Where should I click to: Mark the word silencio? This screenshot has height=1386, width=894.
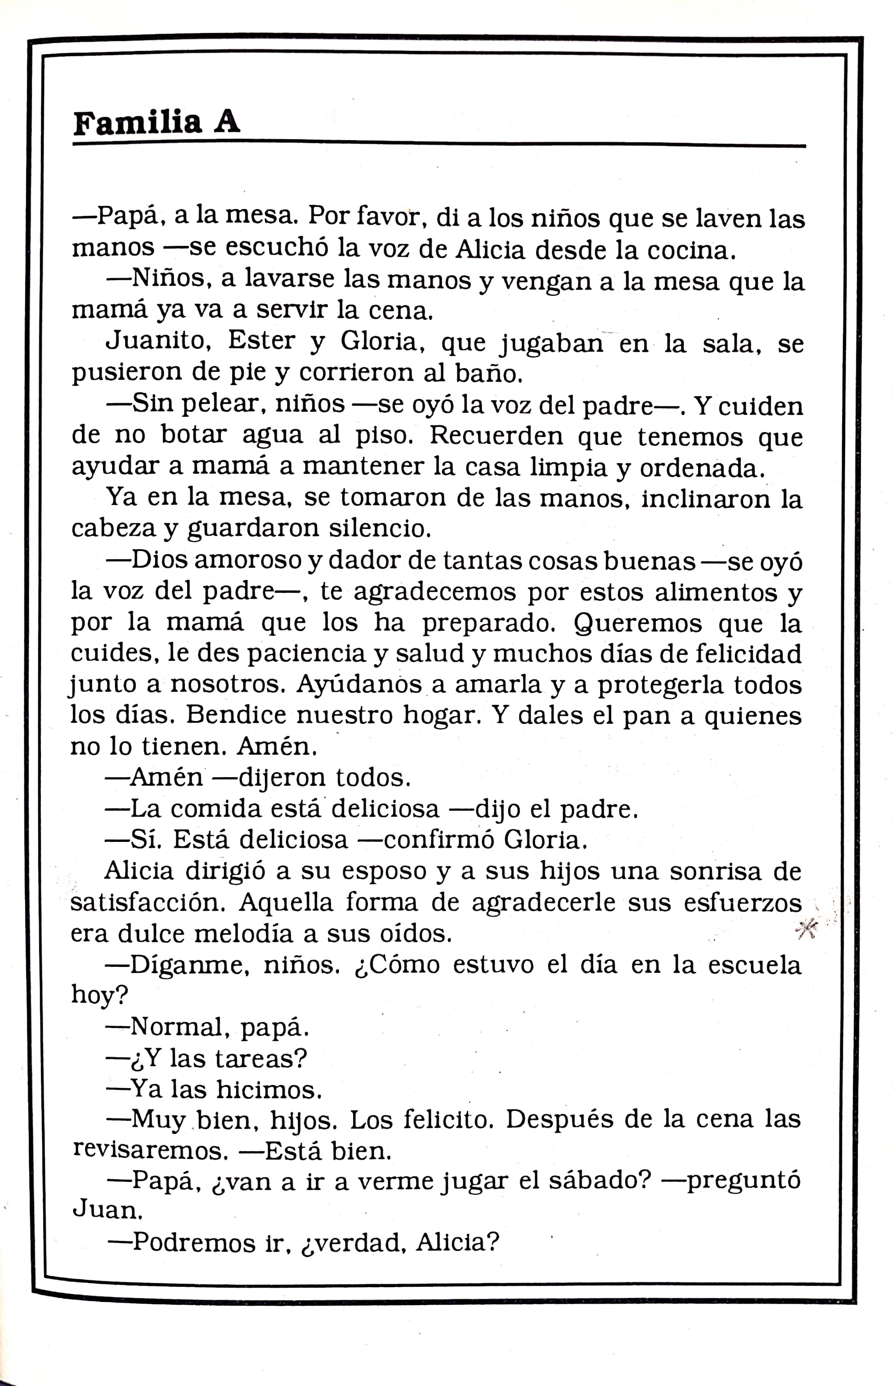[380, 528]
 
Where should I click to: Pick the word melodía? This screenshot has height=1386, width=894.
[254, 933]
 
